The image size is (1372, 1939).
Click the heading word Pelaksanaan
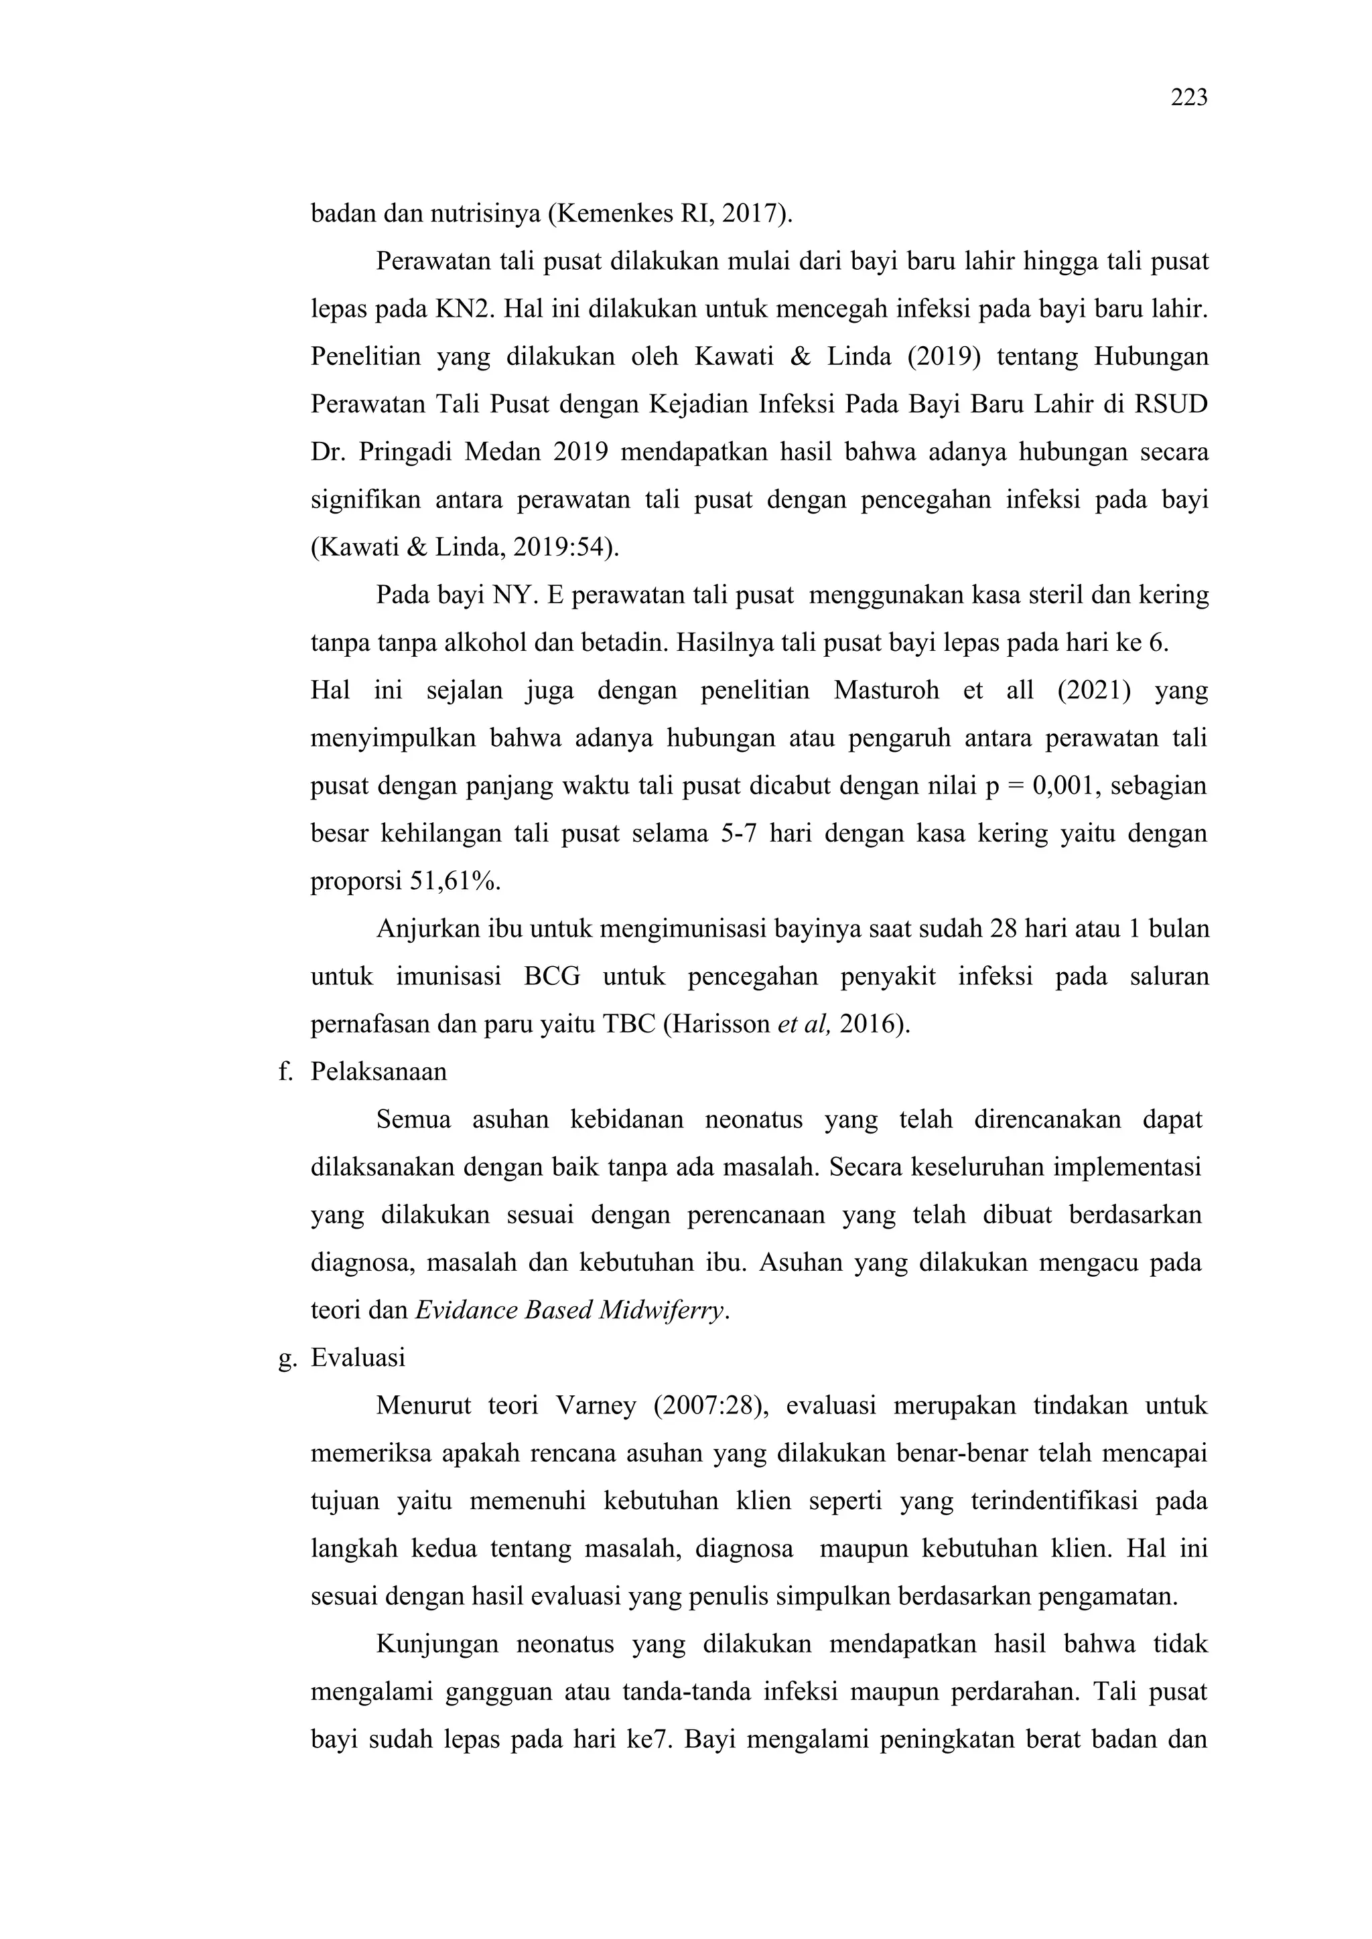[379, 1072]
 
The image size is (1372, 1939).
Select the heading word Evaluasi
[358, 1358]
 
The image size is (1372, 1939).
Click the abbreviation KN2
[463, 309]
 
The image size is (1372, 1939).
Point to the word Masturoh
[886, 691]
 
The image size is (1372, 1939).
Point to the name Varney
[596, 1406]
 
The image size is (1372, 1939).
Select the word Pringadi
[404, 453]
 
